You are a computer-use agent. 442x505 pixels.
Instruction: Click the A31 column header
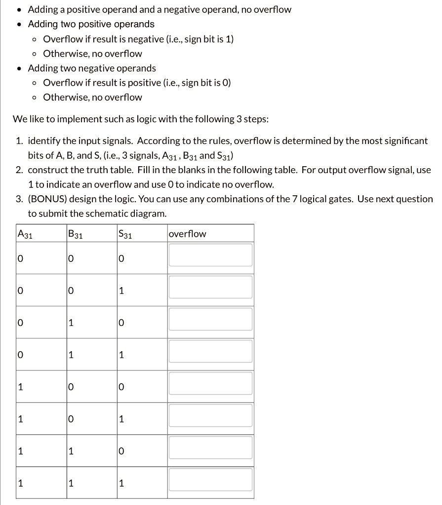[x=25, y=234]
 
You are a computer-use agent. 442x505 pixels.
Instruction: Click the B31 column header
[x=76, y=234]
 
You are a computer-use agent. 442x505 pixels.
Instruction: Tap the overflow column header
[x=188, y=234]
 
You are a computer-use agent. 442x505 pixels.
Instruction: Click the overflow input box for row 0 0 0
[x=211, y=255]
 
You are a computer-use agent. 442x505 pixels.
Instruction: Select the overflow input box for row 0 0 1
[x=211, y=288]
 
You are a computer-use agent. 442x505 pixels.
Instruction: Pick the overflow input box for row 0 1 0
[x=211, y=320]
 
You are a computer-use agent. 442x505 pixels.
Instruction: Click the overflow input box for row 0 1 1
[x=211, y=352]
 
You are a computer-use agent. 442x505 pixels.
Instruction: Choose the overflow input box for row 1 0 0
[x=211, y=384]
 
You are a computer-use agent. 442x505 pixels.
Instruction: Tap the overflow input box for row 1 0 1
[x=211, y=416]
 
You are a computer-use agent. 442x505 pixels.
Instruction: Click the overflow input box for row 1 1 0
[x=211, y=448]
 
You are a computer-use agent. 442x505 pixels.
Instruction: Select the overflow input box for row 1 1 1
[x=211, y=480]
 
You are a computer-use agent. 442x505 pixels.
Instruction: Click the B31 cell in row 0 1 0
[x=71, y=323]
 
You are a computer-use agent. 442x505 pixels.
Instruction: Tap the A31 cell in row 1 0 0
[x=20, y=387]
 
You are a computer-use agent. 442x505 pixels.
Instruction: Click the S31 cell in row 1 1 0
[x=121, y=451]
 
